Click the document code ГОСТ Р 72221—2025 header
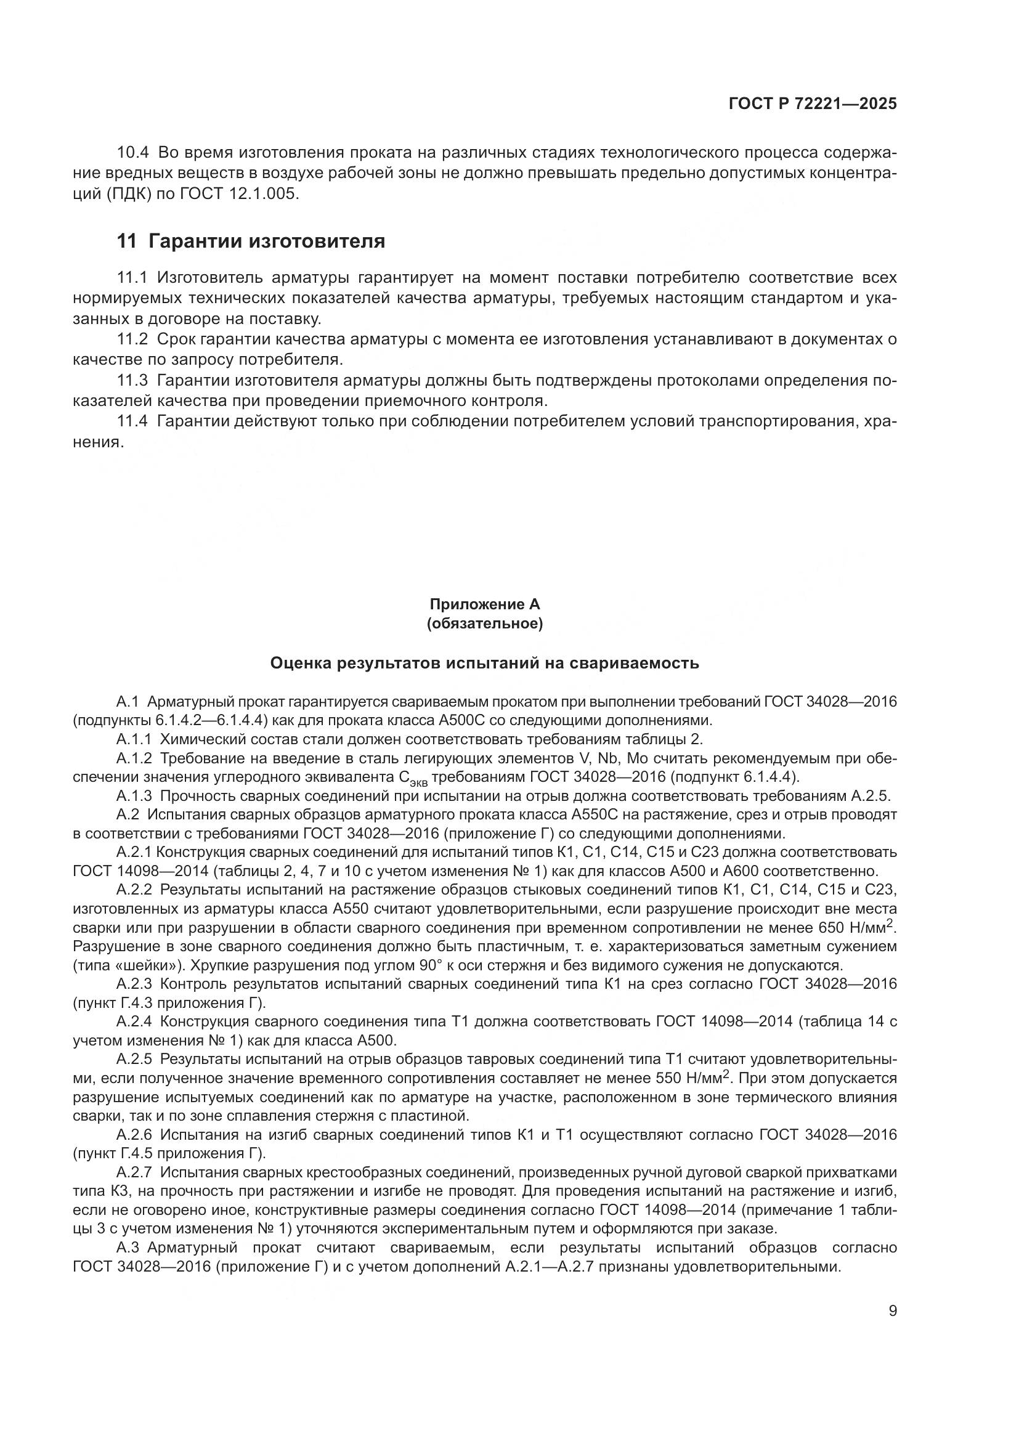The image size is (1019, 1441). click(x=813, y=104)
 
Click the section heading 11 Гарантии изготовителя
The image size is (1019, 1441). click(x=251, y=241)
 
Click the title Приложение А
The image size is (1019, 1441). click(x=484, y=604)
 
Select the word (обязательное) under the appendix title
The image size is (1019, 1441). click(x=484, y=624)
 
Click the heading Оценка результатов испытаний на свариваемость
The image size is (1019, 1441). click(x=484, y=663)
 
